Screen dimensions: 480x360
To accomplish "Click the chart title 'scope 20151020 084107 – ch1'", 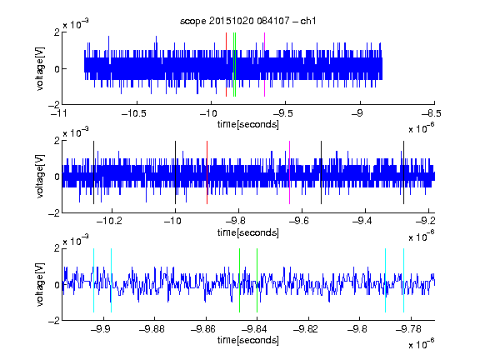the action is [x=247, y=21].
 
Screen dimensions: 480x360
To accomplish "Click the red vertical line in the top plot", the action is [x=226, y=65].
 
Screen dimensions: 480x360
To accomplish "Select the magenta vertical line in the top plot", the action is [x=264, y=65].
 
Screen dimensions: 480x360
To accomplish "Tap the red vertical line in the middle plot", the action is [x=207, y=172].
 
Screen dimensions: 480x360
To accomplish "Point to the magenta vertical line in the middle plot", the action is [x=290, y=172].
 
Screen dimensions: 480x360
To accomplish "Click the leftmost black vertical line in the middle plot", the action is [x=93, y=172].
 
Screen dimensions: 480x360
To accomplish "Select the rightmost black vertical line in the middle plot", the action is [x=403, y=172].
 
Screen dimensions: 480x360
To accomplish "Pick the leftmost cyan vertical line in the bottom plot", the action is [x=93, y=280].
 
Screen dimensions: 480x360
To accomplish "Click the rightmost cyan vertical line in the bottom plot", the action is [x=403, y=280].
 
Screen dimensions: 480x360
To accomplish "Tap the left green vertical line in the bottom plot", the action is [x=239, y=280].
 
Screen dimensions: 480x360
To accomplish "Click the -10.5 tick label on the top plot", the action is [x=134, y=113].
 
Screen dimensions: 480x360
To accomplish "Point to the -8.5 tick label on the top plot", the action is [x=432, y=113].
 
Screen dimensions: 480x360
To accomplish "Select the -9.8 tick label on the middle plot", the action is [x=239, y=220].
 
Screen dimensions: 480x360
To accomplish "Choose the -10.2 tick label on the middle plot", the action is [x=109, y=220].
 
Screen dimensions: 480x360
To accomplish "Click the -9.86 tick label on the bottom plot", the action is [x=203, y=329].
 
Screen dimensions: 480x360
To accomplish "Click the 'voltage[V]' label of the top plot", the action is [x=40, y=68].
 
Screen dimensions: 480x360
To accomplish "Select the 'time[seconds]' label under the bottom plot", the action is [x=248, y=340].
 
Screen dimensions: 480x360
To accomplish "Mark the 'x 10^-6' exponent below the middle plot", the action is [x=422, y=236].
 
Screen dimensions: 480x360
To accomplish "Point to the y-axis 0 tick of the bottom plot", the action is [x=57, y=285].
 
